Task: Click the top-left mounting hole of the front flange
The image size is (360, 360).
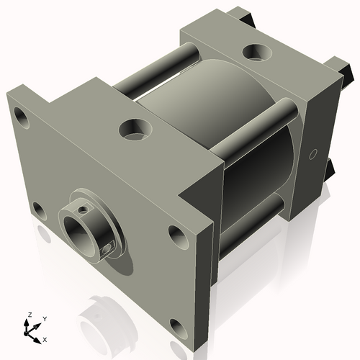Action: click(22, 114)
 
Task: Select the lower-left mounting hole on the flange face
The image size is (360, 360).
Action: click(38, 210)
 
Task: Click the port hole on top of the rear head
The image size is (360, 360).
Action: click(255, 52)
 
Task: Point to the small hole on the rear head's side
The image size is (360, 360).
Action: click(312, 153)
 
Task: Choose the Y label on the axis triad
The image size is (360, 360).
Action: click(45, 318)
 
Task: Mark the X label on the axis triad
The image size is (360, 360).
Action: click(45, 338)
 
